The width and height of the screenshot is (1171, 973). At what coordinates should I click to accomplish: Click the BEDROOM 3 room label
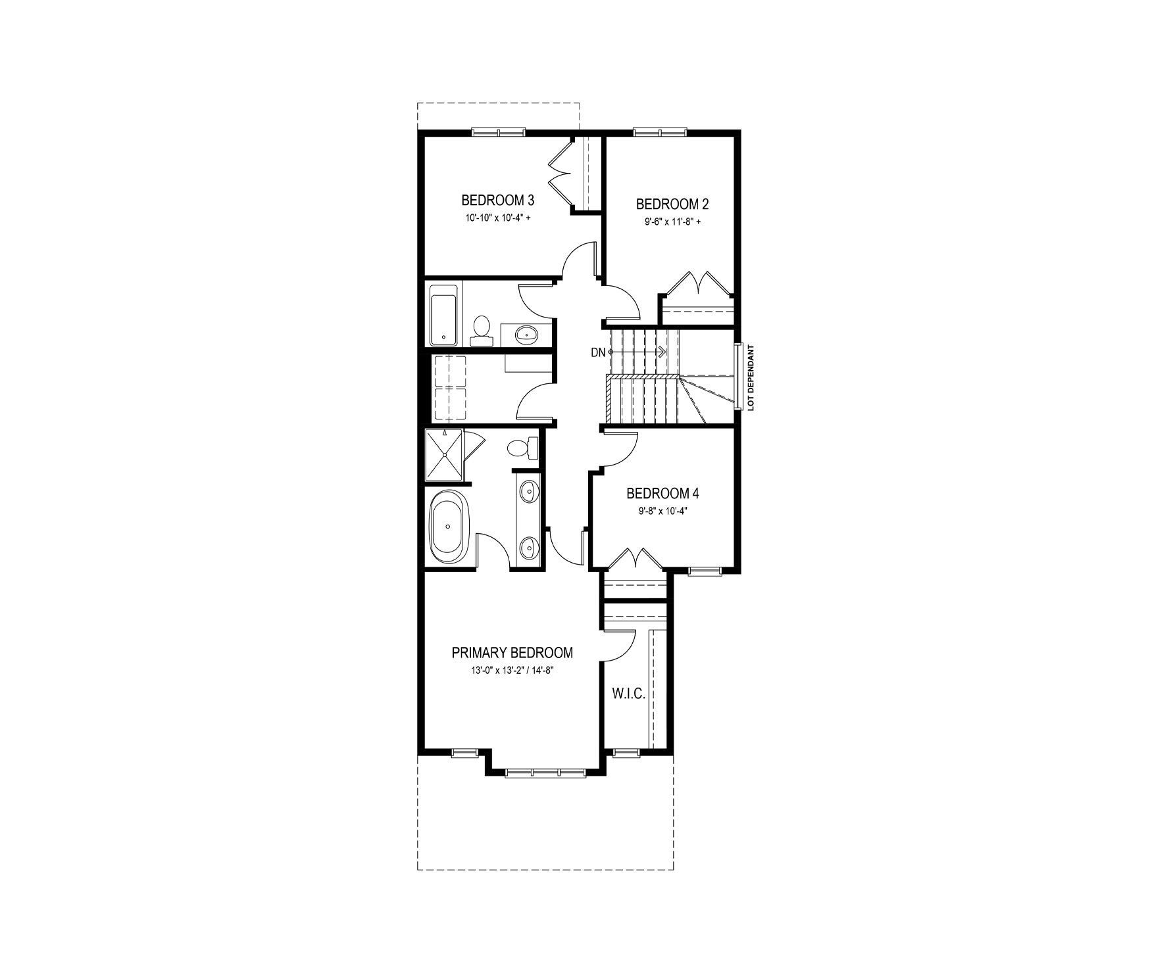pos(497,200)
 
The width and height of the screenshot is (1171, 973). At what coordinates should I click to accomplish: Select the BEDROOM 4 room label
pos(662,493)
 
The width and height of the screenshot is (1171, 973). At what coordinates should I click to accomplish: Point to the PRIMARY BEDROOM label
pos(512,653)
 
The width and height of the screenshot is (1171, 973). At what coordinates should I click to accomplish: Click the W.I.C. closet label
pos(628,694)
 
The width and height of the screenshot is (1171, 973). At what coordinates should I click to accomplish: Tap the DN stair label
pos(597,352)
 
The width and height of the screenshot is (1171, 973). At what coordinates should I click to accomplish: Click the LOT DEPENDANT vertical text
pos(749,378)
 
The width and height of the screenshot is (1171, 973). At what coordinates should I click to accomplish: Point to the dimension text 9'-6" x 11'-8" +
pos(672,222)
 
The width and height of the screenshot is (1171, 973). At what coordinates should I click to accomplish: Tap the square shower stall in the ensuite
pos(444,454)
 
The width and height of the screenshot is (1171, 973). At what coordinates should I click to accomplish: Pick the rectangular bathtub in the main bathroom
pos(444,322)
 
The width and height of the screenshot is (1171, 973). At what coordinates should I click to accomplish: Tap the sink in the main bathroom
pos(527,335)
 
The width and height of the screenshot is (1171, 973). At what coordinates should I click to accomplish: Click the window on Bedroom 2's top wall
pos(660,132)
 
